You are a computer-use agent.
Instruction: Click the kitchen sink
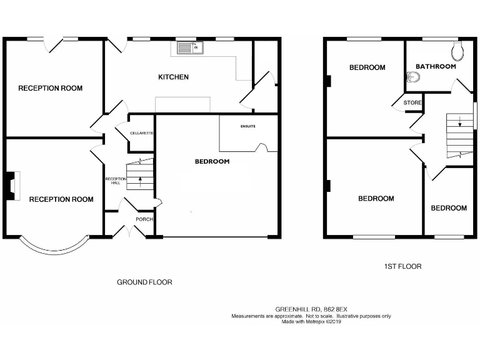click(x=190, y=47)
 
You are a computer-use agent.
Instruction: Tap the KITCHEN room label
click(x=173, y=77)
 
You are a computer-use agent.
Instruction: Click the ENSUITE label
click(x=248, y=126)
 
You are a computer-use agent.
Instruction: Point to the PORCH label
click(x=144, y=219)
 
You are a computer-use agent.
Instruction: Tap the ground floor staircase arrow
click(x=140, y=181)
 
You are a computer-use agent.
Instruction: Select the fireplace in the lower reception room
click(x=11, y=185)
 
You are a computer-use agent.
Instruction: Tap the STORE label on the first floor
click(x=412, y=102)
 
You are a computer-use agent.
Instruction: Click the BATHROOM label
click(x=436, y=66)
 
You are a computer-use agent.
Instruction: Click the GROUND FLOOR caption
click(x=144, y=282)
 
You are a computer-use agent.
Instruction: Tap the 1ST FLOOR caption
click(x=402, y=266)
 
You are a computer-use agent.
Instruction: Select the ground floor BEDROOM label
click(x=212, y=161)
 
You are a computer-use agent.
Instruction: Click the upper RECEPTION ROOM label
click(x=50, y=88)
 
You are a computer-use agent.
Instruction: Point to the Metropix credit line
click(x=311, y=322)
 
